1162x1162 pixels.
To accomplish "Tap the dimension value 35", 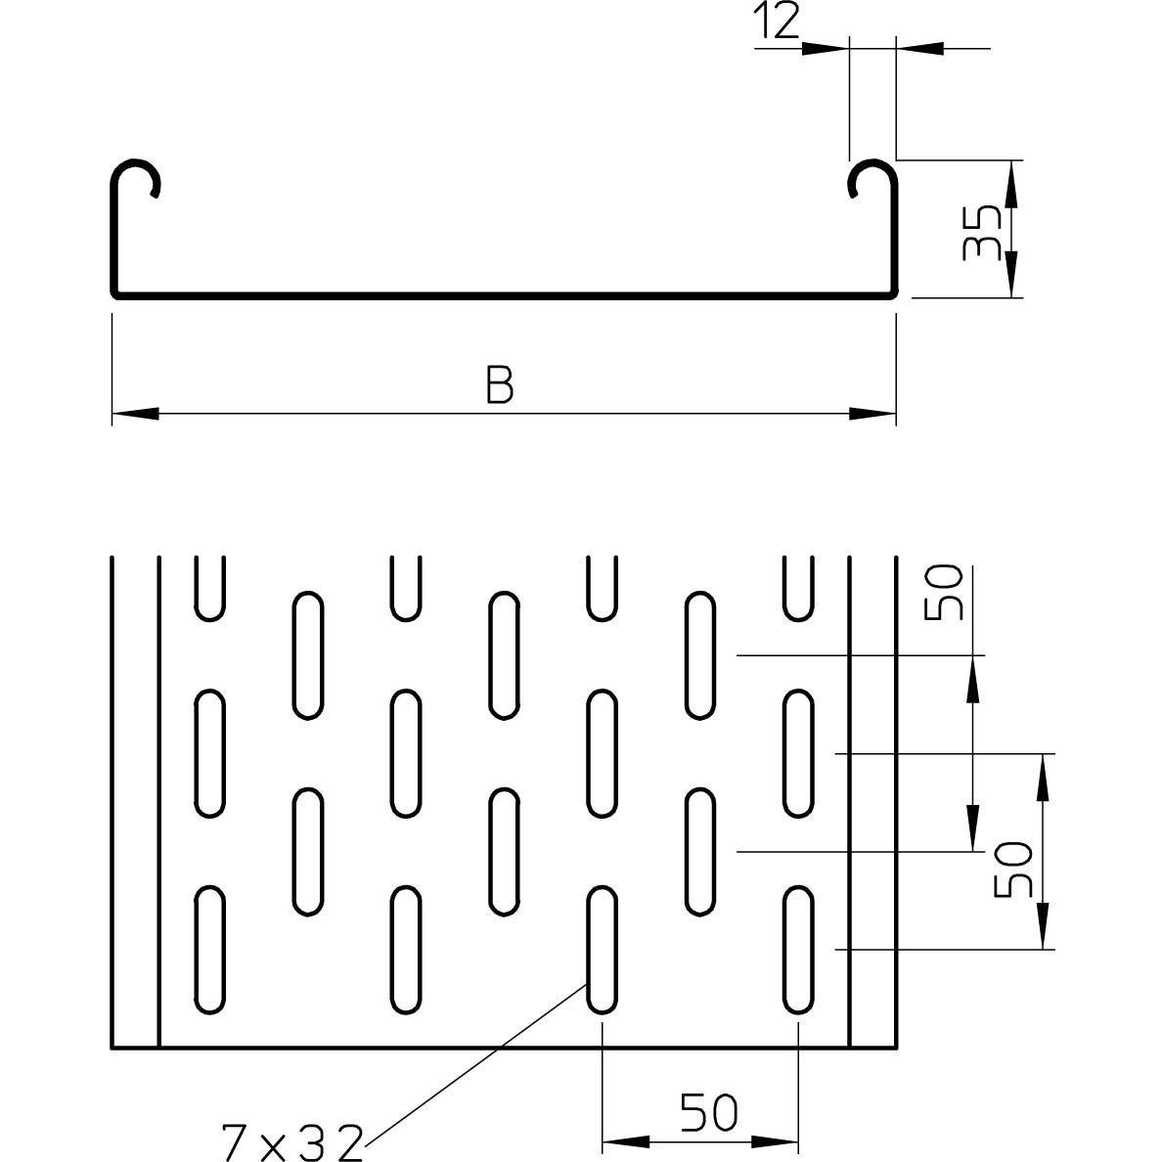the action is (x=981, y=233).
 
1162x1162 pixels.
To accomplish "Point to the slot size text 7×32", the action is (x=292, y=1142).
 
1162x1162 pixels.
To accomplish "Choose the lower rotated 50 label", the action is (x=1012, y=870).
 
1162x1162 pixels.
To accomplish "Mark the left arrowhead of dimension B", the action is (x=135, y=414).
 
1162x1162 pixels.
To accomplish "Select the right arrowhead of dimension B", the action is (x=873, y=414).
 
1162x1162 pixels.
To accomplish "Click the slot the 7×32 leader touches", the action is (x=602, y=950).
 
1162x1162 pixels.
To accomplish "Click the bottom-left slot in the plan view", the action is (x=209, y=950).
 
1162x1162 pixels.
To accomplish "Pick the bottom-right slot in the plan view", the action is (x=798, y=950).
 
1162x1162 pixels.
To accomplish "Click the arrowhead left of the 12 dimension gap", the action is (x=825, y=48).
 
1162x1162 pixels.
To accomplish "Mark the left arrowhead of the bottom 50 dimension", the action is (x=626, y=1142).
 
